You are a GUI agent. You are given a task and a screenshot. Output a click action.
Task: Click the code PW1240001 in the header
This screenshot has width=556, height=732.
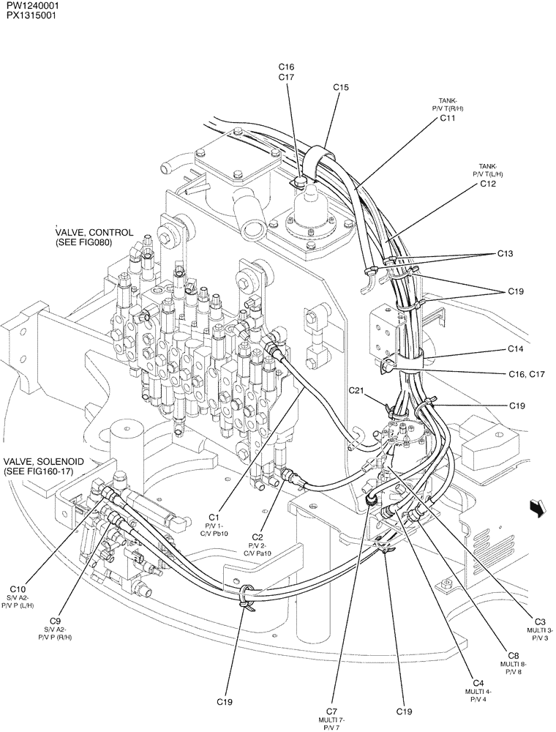point(30,5)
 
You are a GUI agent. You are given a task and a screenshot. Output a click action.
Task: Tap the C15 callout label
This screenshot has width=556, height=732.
point(341,87)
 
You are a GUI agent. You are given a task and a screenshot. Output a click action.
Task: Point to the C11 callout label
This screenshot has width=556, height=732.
point(447,118)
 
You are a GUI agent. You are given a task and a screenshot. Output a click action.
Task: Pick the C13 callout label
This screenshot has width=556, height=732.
point(505,254)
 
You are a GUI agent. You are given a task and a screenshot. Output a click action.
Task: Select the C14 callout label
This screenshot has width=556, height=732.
point(516,349)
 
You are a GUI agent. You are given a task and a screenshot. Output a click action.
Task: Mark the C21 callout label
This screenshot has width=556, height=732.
point(356,390)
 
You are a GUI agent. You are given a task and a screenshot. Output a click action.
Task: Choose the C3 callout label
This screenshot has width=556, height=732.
point(540,621)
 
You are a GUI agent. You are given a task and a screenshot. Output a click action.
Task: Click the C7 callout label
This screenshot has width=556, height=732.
point(331,711)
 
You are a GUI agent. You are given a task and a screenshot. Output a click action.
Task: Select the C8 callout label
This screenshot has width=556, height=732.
point(514,655)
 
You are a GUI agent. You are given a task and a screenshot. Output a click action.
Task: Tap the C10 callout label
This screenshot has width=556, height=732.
point(18,589)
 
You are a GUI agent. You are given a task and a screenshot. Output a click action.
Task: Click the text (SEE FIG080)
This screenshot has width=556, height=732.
point(83,243)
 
